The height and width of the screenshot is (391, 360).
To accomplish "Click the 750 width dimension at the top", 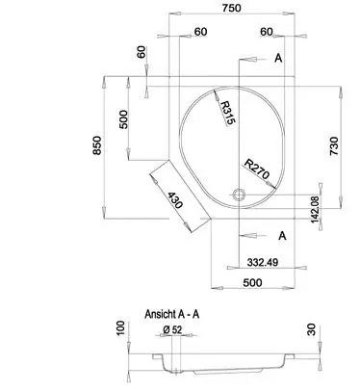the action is pos(231,8).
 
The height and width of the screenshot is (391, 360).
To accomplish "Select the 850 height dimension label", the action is pos(97,145).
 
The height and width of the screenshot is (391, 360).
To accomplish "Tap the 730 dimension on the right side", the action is pos(334,146).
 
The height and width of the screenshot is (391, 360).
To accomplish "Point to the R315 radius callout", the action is pos(228,113).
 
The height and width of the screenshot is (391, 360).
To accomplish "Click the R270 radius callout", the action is pos(256,169).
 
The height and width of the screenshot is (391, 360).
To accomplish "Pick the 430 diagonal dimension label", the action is pos(175,200).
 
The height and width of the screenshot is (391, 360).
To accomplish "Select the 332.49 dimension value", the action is pos(263,263).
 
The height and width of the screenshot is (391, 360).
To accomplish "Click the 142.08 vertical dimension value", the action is pos(316,209).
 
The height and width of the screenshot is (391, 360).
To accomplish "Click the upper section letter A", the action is pos(278,58).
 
